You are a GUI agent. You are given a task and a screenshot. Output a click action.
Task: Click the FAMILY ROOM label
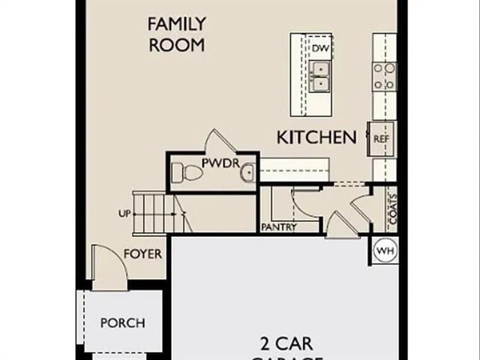point(176,34)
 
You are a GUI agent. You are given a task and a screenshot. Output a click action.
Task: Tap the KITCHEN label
point(316,137)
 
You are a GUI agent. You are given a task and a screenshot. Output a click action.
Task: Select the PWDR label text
point(218,163)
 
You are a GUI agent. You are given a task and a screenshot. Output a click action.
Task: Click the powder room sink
point(247,174)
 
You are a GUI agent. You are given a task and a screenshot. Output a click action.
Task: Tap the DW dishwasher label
point(321,49)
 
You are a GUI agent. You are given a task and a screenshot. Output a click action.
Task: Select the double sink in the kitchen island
point(321,75)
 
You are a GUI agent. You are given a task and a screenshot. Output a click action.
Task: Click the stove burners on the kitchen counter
point(384,76)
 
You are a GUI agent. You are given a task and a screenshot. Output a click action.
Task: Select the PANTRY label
point(279,227)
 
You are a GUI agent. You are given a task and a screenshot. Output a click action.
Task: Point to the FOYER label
point(142,253)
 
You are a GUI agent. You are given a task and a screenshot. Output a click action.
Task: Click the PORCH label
point(122,323)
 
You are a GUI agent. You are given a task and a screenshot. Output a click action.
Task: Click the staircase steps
point(154,213)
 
